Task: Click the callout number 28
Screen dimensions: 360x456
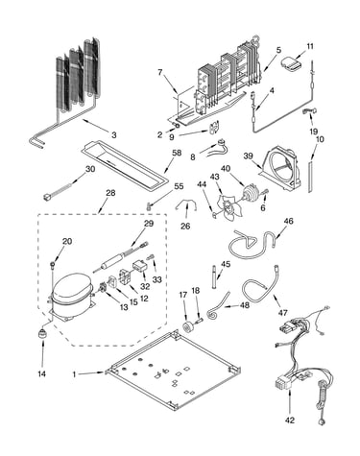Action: [110, 193]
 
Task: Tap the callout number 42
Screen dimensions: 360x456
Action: [290, 420]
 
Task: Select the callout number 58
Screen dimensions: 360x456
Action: [177, 153]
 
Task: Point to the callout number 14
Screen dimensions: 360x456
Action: [42, 373]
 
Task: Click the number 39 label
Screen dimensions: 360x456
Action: [248, 156]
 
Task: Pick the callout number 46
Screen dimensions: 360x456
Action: [289, 221]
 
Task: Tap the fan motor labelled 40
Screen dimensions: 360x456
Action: [249, 193]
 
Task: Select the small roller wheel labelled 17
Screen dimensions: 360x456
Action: [187, 327]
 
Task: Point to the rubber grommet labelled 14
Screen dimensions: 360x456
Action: [41, 333]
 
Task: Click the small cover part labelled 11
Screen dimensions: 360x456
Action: [292, 62]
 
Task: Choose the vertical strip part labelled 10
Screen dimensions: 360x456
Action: [310, 177]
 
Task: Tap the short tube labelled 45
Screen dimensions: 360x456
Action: [213, 276]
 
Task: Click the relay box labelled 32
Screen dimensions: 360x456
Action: [139, 266]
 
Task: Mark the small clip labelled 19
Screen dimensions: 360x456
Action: [309, 111]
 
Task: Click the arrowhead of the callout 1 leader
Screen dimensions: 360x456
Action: [103, 372]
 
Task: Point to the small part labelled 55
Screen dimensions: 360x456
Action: [148, 205]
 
